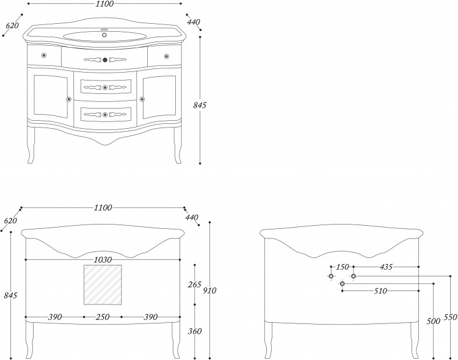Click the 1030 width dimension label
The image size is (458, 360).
(103, 259)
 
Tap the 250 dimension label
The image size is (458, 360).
(103, 317)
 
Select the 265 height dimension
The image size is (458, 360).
(195, 284)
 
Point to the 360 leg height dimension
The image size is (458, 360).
(195, 331)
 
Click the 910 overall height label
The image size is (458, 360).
(209, 290)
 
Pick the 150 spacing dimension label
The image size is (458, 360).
(342, 267)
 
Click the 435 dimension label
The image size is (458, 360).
(386, 267)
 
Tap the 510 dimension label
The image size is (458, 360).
(380, 291)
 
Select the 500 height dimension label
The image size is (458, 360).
(433, 321)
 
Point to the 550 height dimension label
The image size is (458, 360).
(450, 317)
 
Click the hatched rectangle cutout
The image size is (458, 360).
(103, 285)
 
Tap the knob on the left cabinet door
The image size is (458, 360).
(69, 99)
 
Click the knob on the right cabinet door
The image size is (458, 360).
(142, 99)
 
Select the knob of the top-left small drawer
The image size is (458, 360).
(44, 55)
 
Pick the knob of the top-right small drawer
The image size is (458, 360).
(167, 56)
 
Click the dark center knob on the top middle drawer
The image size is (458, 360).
(105, 60)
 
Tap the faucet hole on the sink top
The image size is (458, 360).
(104, 35)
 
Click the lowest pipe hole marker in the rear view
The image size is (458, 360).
(343, 284)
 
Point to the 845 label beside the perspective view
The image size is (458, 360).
(200, 105)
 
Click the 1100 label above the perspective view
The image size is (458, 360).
(104, 4)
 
